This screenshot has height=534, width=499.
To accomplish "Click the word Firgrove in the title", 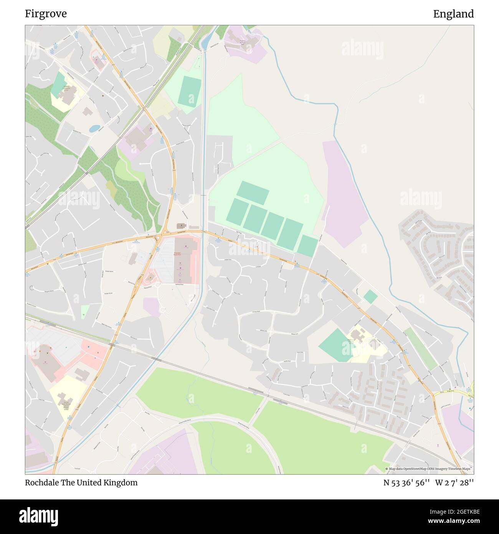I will tap(46, 14).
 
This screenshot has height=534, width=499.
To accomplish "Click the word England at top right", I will tap(453, 14).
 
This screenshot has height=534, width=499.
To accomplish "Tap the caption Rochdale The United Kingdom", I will tap(81, 483).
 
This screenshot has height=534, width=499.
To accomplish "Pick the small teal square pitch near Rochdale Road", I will tap(370, 296).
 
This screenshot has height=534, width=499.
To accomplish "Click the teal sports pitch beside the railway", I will tap(189, 91).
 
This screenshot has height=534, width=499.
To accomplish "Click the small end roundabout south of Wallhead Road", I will tap(163, 309).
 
